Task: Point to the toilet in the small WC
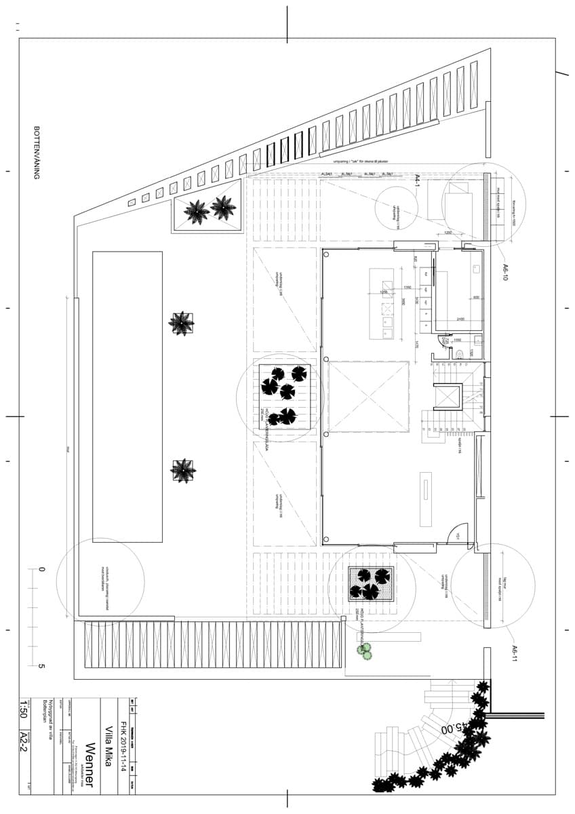point(460,353)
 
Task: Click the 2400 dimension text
point(459,319)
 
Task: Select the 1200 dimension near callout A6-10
point(448,233)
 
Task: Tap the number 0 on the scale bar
point(41,570)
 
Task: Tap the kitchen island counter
point(381,303)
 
